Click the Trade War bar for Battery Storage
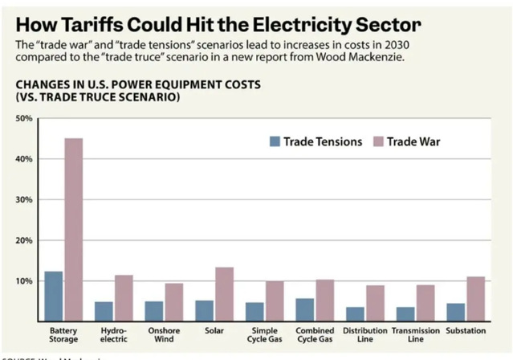click(73, 230)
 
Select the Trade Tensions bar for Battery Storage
click(53, 297)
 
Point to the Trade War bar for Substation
click(476, 299)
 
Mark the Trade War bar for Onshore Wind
click(174, 302)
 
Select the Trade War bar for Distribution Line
click(376, 304)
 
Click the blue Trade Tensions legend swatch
click(275, 141)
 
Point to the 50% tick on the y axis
click(23, 118)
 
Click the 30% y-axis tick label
click(23, 199)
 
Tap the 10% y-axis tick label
click(23, 281)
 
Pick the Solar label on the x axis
click(214, 331)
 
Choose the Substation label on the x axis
click(466, 331)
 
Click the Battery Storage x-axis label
click(63, 335)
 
